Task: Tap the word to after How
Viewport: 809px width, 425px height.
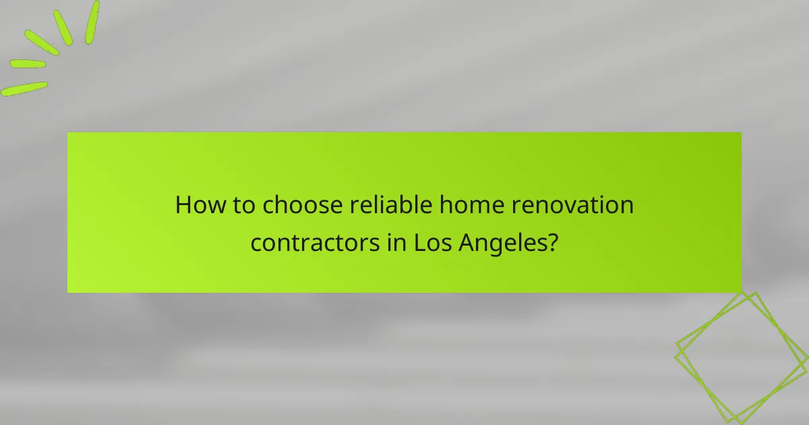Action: pyautogui.click(x=240, y=204)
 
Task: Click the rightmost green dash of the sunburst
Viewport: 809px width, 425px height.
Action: pyautogui.click(x=92, y=22)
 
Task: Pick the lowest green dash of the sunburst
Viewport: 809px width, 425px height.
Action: pyautogui.click(x=24, y=88)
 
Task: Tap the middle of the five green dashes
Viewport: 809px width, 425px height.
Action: pyautogui.click(x=42, y=42)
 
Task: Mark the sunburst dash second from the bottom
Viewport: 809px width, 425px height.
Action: pyautogui.click(x=28, y=64)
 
